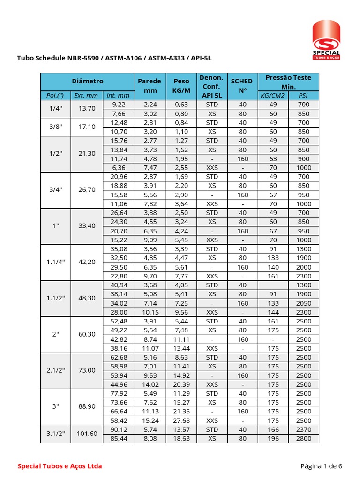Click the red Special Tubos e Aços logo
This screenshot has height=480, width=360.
coord(327,39)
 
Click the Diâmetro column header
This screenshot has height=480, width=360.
coord(88,82)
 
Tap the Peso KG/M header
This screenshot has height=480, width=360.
coord(181,86)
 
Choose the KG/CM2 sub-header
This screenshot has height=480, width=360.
coord(273,96)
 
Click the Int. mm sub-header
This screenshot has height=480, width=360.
coord(118,96)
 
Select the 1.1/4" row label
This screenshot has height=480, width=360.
coord(56,262)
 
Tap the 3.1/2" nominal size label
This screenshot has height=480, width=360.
coord(56,434)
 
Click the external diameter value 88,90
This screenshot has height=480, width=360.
coord(87,406)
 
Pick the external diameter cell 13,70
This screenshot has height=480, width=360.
coord(87,109)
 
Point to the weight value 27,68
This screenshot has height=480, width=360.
coord(181,420)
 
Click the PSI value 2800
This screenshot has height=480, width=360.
coord(303,438)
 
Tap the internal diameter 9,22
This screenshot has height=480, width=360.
coord(118,105)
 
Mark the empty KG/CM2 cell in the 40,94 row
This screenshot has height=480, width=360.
coord(273,285)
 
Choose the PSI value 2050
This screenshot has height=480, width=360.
coord(303,303)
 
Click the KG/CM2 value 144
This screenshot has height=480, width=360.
coord(273,312)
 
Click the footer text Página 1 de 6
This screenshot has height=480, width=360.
coord(321,466)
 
